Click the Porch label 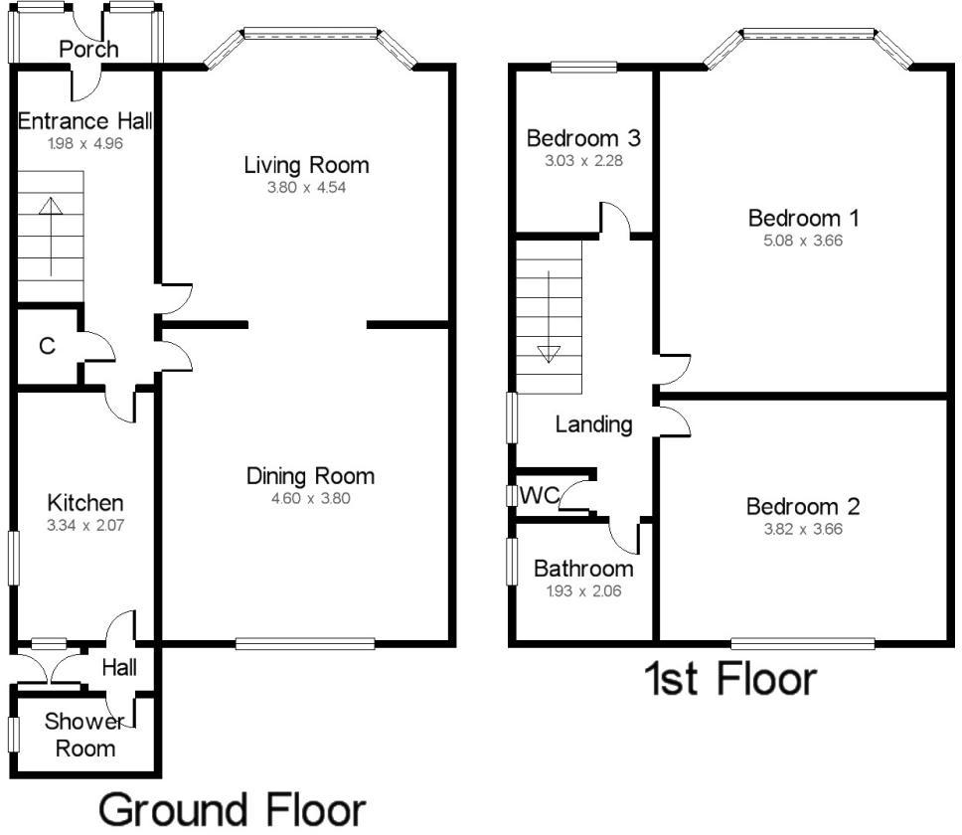pos(88,49)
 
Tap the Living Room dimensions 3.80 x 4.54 pos(306,187)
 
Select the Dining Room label pos(310,476)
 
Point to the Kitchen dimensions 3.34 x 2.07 pos(86,524)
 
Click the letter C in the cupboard pos(46,346)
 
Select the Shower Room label pos(84,736)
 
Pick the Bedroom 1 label pos(803,218)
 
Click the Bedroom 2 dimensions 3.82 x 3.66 pos(803,530)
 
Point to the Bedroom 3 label pos(577,137)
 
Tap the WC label pos(539,495)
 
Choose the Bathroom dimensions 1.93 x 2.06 pos(583,590)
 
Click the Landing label pos(593,424)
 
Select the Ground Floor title pos(233,809)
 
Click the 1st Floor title pos(729,680)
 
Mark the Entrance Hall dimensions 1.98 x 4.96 pos(84,143)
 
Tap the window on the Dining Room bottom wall pos(305,644)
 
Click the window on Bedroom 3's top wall pos(583,68)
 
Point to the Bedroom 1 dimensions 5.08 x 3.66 pos(803,241)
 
